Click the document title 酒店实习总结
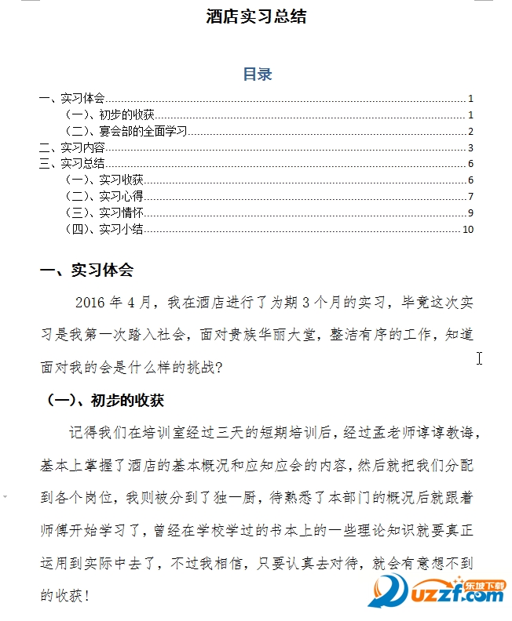pos(256,16)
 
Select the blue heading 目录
pos(257,74)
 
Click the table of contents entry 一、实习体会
pos(72,99)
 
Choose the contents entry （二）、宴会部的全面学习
pos(126,131)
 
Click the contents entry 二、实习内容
pos(72,147)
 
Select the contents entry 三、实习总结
pos(72,163)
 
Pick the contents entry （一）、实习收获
pos(104,180)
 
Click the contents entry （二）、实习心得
pos(104,196)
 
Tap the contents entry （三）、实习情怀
pos(104,212)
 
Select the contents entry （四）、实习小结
pos(104,229)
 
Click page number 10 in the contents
pos(469,230)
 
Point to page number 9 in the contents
pos(470,212)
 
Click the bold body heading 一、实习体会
pos(87,271)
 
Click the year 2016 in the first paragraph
pos(90,303)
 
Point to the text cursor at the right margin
pos(479,358)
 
